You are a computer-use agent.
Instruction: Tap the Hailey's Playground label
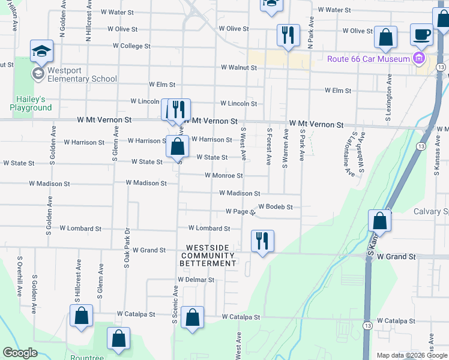[31, 103]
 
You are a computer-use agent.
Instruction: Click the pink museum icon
[418, 58]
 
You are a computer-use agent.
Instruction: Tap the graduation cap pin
[41, 52]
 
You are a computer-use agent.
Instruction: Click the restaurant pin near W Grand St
[262, 241]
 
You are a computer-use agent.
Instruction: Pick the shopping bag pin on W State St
[177, 146]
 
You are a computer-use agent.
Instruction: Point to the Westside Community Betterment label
[211, 256]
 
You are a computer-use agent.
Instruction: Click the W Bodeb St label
[276, 207]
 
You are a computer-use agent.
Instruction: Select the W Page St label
[240, 212]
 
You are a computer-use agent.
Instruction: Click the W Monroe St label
[223, 176]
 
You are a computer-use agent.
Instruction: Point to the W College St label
[131, 46]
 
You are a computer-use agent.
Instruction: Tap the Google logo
[20, 353]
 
